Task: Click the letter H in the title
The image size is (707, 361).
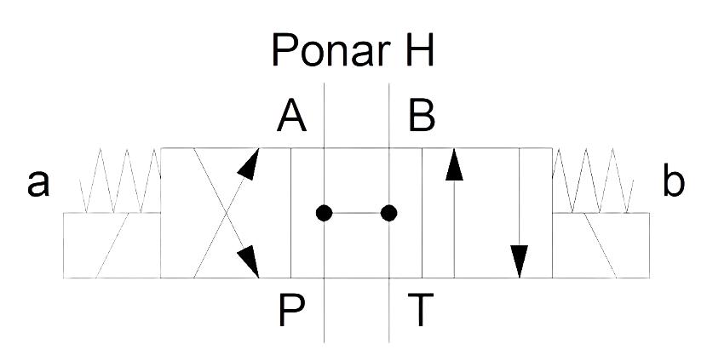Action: click(x=419, y=50)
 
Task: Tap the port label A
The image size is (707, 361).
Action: click(x=291, y=116)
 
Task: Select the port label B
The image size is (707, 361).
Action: click(x=422, y=116)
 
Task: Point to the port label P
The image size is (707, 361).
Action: click(x=291, y=310)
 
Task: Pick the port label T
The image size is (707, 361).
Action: click(x=421, y=310)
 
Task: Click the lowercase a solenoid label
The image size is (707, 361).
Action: click(x=37, y=184)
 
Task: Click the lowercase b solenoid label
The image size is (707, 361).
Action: click(x=674, y=180)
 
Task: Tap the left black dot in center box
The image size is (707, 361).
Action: click(x=324, y=213)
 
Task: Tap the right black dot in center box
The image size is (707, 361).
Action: click(x=388, y=213)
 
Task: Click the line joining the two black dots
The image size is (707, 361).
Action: click(x=356, y=213)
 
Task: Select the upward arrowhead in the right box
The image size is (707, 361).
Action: click(x=454, y=165)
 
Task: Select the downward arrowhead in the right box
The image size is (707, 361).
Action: click(x=519, y=261)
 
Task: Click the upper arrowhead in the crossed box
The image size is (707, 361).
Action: click(x=250, y=164)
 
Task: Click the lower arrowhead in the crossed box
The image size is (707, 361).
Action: click(x=250, y=261)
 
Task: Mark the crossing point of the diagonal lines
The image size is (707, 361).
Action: click(x=227, y=213)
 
